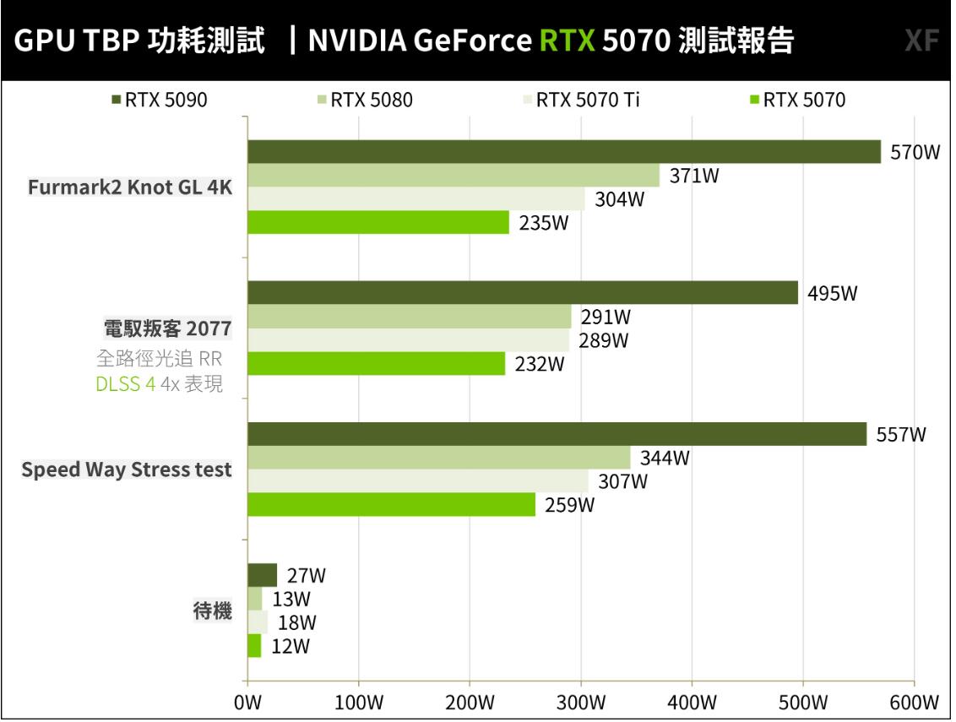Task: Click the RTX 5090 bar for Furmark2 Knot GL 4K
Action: coord(563,152)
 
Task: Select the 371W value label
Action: coord(694,176)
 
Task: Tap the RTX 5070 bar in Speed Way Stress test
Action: coord(391,505)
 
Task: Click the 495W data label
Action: coord(832,294)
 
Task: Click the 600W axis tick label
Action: coord(914,703)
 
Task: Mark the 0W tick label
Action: coord(247,703)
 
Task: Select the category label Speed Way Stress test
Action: coord(127,470)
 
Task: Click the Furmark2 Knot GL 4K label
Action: coord(130,187)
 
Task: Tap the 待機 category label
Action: coord(213,611)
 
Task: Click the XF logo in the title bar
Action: coord(921,41)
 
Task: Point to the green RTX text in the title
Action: coord(568,41)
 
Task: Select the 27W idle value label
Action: coord(306,576)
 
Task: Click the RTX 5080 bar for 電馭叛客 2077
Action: coord(409,317)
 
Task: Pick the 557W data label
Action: coord(901,435)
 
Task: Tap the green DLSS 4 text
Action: coord(126,384)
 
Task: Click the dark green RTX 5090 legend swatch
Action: coord(117,100)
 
